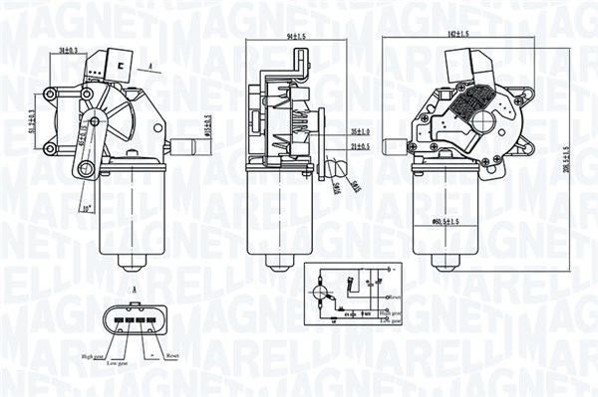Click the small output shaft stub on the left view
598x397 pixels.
pyautogui.click(x=185, y=145)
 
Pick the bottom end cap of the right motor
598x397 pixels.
pyautogui.click(x=443, y=262)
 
